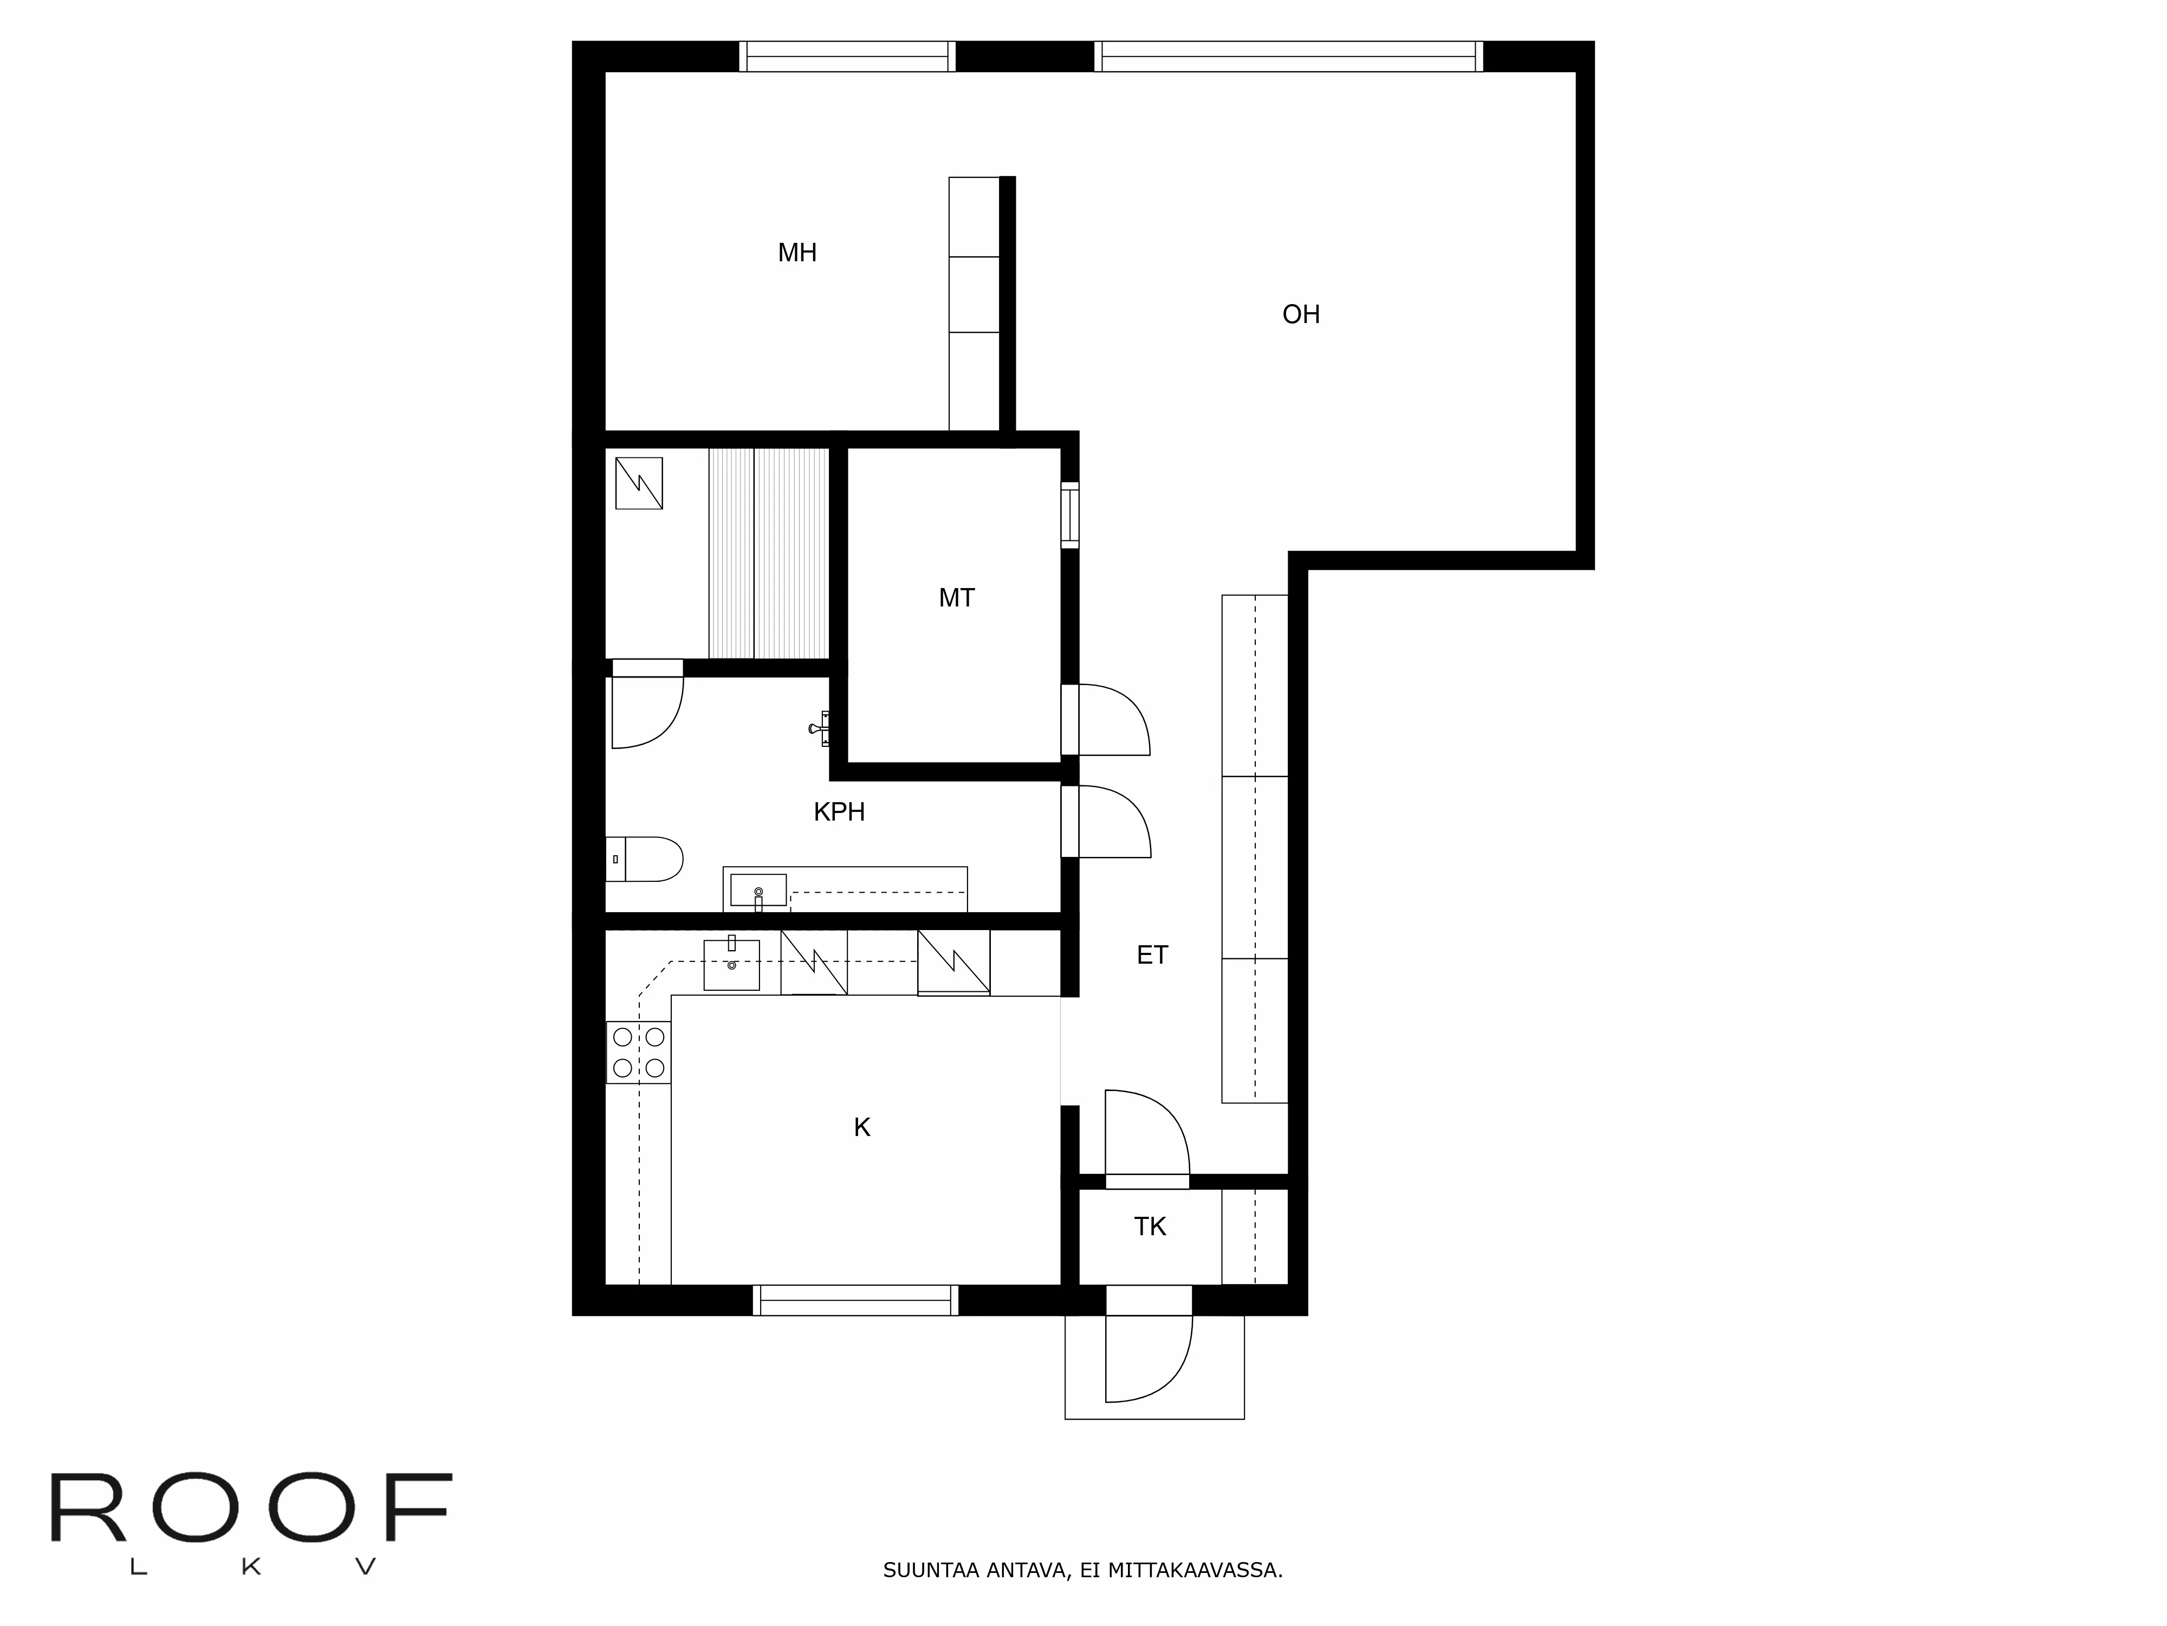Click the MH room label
[x=796, y=253]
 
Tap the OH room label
[x=1300, y=314]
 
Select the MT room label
[x=956, y=598]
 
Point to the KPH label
[x=839, y=811]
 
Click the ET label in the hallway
[x=1152, y=954]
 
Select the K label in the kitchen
[x=861, y=1128]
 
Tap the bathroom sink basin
[x=758, y=889]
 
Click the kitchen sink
[x=731, y=964]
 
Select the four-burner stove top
[x=638, y=1051]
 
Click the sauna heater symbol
[x=639, y=483]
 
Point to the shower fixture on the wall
[x=821, y=728]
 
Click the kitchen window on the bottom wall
[x=855, y=1300]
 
